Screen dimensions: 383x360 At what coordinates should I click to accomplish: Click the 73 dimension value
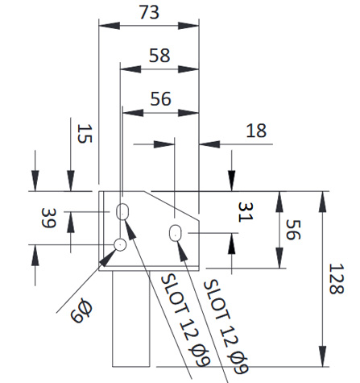tap(149, 13)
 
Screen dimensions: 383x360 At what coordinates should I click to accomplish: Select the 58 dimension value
tap(159, 56)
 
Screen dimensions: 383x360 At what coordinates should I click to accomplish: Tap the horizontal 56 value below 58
tap(160, 98)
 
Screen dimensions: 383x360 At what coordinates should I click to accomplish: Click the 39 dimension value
tap(49, 218)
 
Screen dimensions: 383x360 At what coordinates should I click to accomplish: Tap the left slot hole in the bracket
tap(124, 211)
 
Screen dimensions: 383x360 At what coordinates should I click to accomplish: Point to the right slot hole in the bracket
tap(176, 234)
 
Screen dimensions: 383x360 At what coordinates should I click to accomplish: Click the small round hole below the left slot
tap(120, 244)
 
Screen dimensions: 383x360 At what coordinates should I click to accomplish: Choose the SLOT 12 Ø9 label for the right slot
tap(224, 327)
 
